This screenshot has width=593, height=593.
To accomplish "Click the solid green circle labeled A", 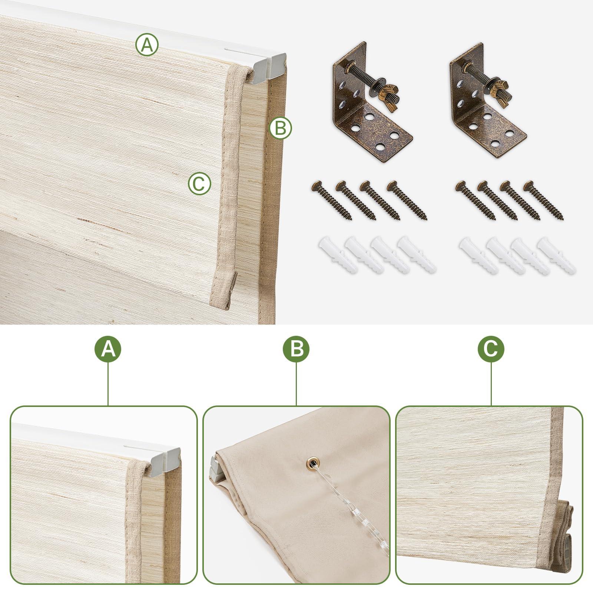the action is [108, 349].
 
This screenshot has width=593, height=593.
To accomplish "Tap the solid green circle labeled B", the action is [296, 349].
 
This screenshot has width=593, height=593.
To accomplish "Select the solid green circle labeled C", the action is [491, 349].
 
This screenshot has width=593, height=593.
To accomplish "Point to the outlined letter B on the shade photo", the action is [281, 128].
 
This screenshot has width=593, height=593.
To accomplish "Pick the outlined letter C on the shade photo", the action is [199, 183].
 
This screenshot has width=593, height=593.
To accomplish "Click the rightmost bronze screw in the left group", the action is [407, 200].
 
